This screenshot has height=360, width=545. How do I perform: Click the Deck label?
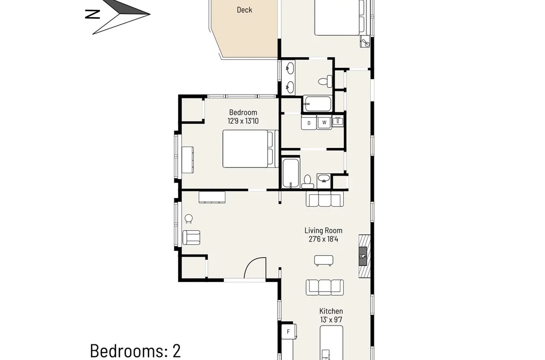(244, 10)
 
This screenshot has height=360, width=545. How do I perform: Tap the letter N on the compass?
(93, 14)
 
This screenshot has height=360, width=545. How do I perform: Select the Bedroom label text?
(243, 112)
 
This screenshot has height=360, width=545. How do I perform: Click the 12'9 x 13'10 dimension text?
(243, 121)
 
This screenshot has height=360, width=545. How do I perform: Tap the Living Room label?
(323, 230)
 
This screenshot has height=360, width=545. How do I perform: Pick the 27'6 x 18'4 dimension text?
(323, 239)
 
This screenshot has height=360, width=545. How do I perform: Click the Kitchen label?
(331, 311)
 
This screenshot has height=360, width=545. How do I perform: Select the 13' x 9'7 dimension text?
(331, 320)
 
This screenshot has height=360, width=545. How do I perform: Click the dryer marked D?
(308, 123)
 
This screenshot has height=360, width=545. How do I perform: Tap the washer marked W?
(324, 123)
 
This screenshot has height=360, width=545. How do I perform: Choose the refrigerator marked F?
(289, 332)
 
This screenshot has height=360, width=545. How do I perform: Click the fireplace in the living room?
(364, 256)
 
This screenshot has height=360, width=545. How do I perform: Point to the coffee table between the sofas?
(323, 260)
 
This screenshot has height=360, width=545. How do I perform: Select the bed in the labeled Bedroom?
(251, 149)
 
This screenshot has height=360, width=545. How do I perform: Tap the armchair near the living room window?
(191, 237)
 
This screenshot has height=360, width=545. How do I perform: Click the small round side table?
(188, 218)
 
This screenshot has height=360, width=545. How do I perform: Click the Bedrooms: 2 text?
(136, 351)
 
